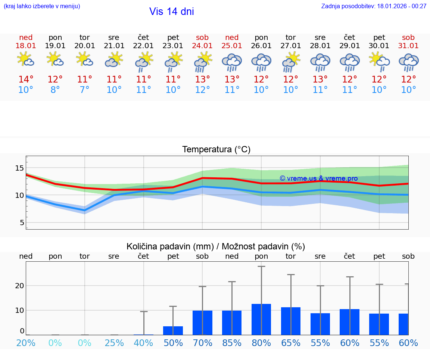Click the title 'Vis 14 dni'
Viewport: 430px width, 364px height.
point(171,12)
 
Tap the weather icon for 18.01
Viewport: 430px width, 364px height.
point(26,59)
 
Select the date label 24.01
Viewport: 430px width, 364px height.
point(202,46)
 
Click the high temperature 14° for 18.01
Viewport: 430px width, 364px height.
point(26,80)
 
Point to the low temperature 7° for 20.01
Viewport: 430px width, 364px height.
point(85,90)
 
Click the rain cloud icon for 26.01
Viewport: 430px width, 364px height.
point(261,62)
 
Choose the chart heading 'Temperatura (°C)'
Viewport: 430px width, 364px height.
point(216,150)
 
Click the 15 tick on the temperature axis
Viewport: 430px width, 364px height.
point(20,168)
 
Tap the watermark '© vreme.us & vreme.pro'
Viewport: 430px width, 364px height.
point(318,178)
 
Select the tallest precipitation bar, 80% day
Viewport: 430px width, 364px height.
point(261,319)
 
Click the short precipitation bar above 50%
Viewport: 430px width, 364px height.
point(173,330)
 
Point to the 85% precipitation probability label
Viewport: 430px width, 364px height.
point(232,343)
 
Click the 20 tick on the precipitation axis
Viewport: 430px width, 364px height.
point(19,286)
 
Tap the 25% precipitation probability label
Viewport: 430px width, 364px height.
point(114,343)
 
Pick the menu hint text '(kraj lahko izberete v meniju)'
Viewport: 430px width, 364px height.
point(42,6)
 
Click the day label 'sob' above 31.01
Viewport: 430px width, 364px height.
point(408,37)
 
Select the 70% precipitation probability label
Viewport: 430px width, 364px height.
point(202,343)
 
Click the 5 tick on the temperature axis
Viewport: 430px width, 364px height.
point(22,223)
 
